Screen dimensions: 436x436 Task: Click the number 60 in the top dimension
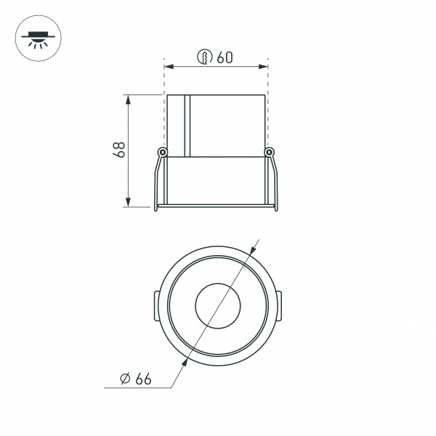coord(224,58)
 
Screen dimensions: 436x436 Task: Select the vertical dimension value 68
coord(120,150)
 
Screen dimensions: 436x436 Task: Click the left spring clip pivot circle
coord(163,152)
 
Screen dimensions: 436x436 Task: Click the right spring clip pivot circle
coord(270,152)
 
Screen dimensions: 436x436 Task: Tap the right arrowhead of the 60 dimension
coord(265,67)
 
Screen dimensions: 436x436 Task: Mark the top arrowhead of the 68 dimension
coord(129,99)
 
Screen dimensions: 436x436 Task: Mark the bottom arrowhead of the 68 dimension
coord(129,202)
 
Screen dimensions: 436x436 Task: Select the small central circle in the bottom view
coord(217,305)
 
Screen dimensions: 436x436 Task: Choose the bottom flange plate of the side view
coord(216,208)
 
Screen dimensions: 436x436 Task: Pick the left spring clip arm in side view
coord(158,182)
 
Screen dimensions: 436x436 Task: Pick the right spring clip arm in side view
coord(275,182)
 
